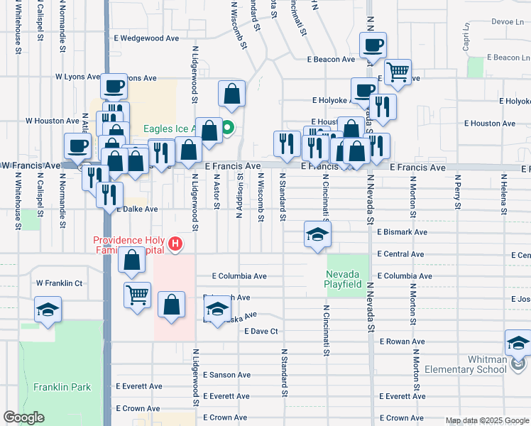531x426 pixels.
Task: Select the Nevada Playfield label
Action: [x=344, y=279]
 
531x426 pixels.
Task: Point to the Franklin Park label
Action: [x=52, y=388]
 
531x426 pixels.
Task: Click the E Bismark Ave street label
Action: [x=402, y=232]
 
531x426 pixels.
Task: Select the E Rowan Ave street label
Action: [x=402, y=342]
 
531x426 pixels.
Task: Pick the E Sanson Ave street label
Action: [x=226, y=375]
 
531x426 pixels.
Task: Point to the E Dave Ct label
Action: [x=261, y=332]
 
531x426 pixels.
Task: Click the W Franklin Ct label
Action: [x=60, y=283]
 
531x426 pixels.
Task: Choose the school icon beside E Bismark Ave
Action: [x=317, y=234]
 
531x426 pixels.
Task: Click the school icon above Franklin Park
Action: [x=48, y=309]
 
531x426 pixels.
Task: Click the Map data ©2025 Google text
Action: [x=486, y=420]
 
